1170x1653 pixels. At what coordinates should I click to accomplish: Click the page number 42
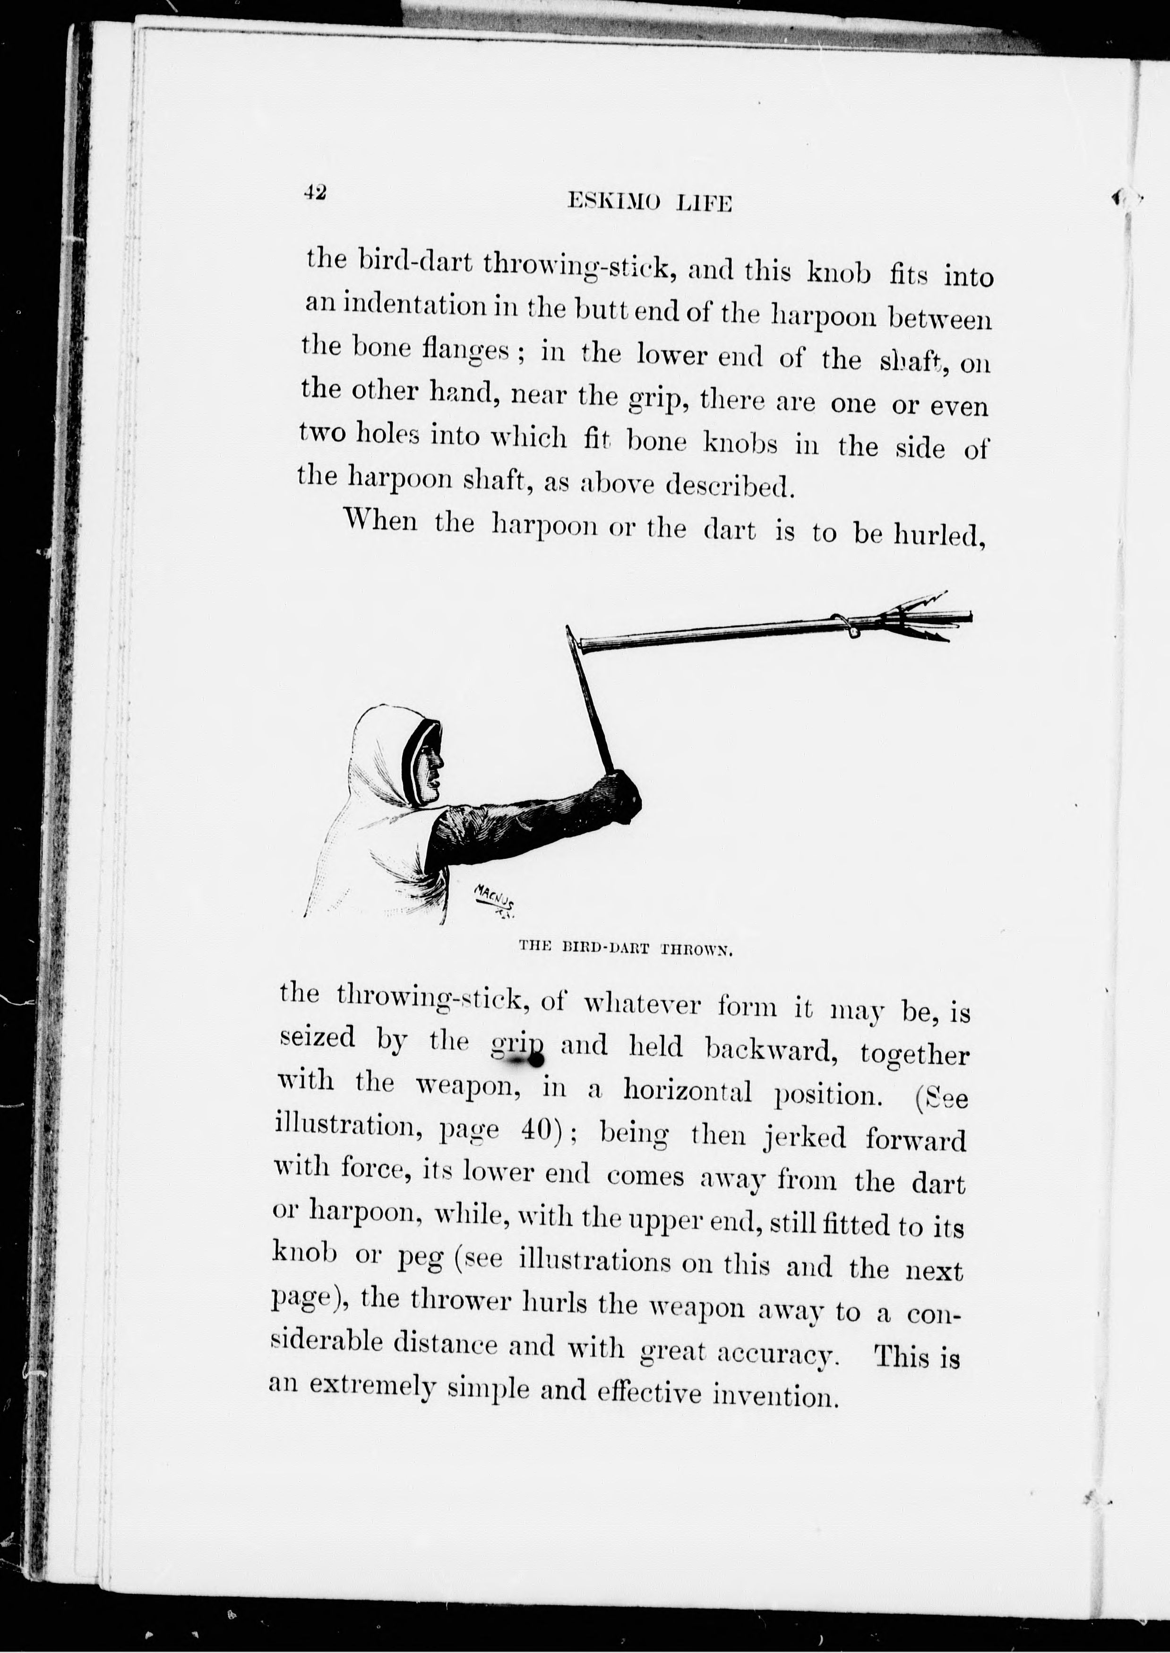315,192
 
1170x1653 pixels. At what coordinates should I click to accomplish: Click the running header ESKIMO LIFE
650,203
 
